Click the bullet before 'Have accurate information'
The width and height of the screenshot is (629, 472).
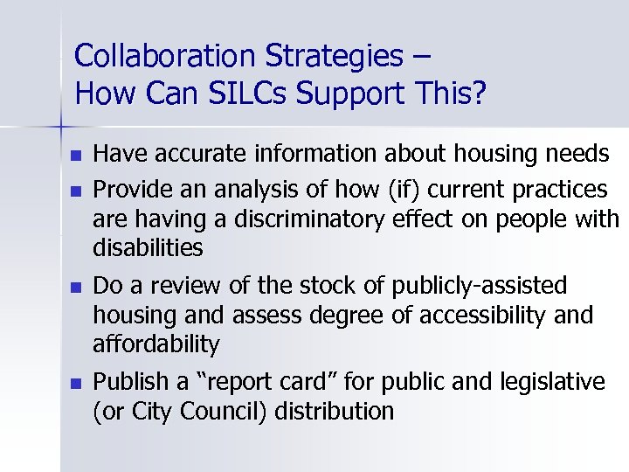76,156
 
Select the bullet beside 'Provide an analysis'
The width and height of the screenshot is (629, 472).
76,190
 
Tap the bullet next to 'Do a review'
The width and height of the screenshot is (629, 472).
76,287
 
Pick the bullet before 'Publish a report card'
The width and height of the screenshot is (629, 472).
76,383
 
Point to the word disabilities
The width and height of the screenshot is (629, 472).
148,248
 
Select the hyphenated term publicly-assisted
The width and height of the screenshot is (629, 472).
480,286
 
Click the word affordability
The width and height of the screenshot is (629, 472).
156,344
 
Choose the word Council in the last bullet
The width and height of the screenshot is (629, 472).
222,411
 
